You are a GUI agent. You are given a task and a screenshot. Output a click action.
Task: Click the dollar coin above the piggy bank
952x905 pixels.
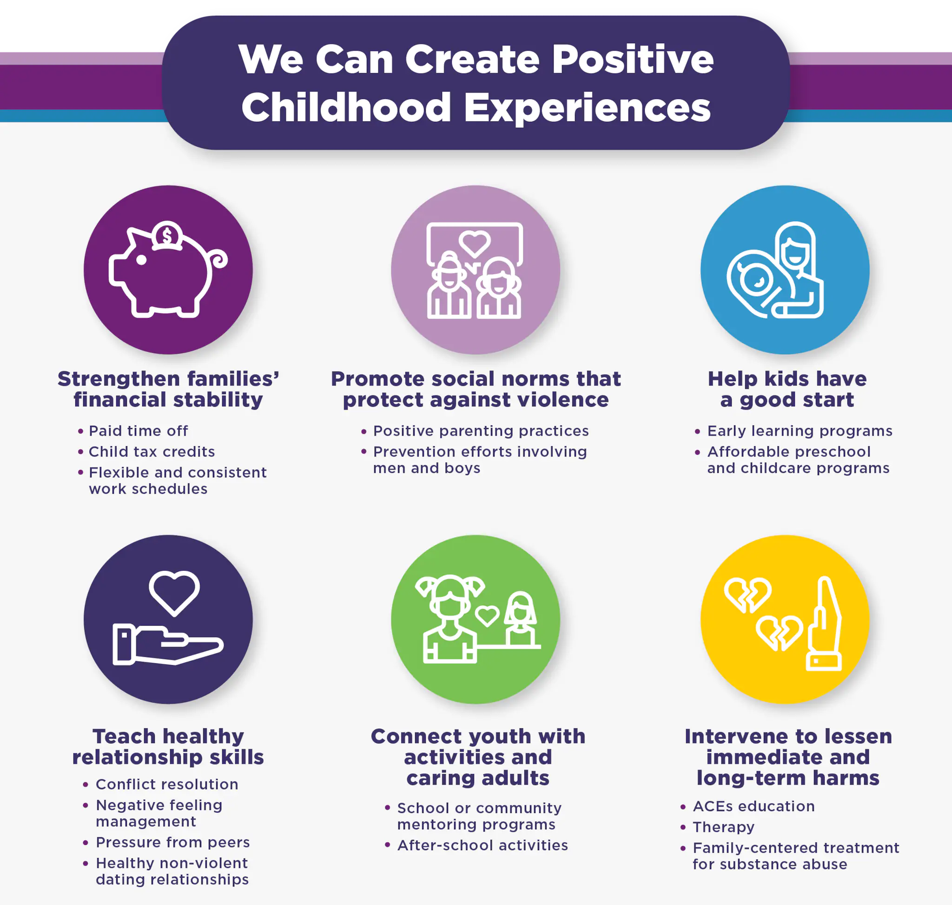[167, 235]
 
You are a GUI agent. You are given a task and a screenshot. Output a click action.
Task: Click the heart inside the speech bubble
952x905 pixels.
[474, 244]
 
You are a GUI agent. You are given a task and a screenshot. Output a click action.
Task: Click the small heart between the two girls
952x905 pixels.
[487, 616]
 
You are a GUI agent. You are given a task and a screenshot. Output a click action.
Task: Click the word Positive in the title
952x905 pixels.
[633, 60]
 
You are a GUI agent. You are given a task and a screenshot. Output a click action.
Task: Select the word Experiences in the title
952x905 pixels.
[587, 108]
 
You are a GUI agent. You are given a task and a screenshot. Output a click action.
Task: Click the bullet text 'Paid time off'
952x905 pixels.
[139, 431]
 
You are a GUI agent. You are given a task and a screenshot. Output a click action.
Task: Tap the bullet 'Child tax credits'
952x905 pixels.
[152, 451]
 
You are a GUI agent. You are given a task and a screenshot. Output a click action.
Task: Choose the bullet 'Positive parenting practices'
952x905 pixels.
[481, 431]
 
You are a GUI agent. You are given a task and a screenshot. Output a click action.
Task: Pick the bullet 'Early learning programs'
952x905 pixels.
[800, 431]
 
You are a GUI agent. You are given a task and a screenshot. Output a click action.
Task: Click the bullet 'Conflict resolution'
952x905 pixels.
[167, 785]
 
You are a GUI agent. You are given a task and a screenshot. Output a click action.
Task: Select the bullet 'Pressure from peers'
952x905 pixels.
[173, 842]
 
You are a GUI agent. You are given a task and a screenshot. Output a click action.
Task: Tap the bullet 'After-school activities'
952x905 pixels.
[483, 845]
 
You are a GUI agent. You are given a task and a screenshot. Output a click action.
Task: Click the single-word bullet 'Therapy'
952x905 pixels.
[723, 827]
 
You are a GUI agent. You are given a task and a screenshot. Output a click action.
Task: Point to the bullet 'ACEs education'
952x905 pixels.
[754, 806]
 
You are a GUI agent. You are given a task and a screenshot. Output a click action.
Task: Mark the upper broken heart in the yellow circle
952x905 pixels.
[747, 595]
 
